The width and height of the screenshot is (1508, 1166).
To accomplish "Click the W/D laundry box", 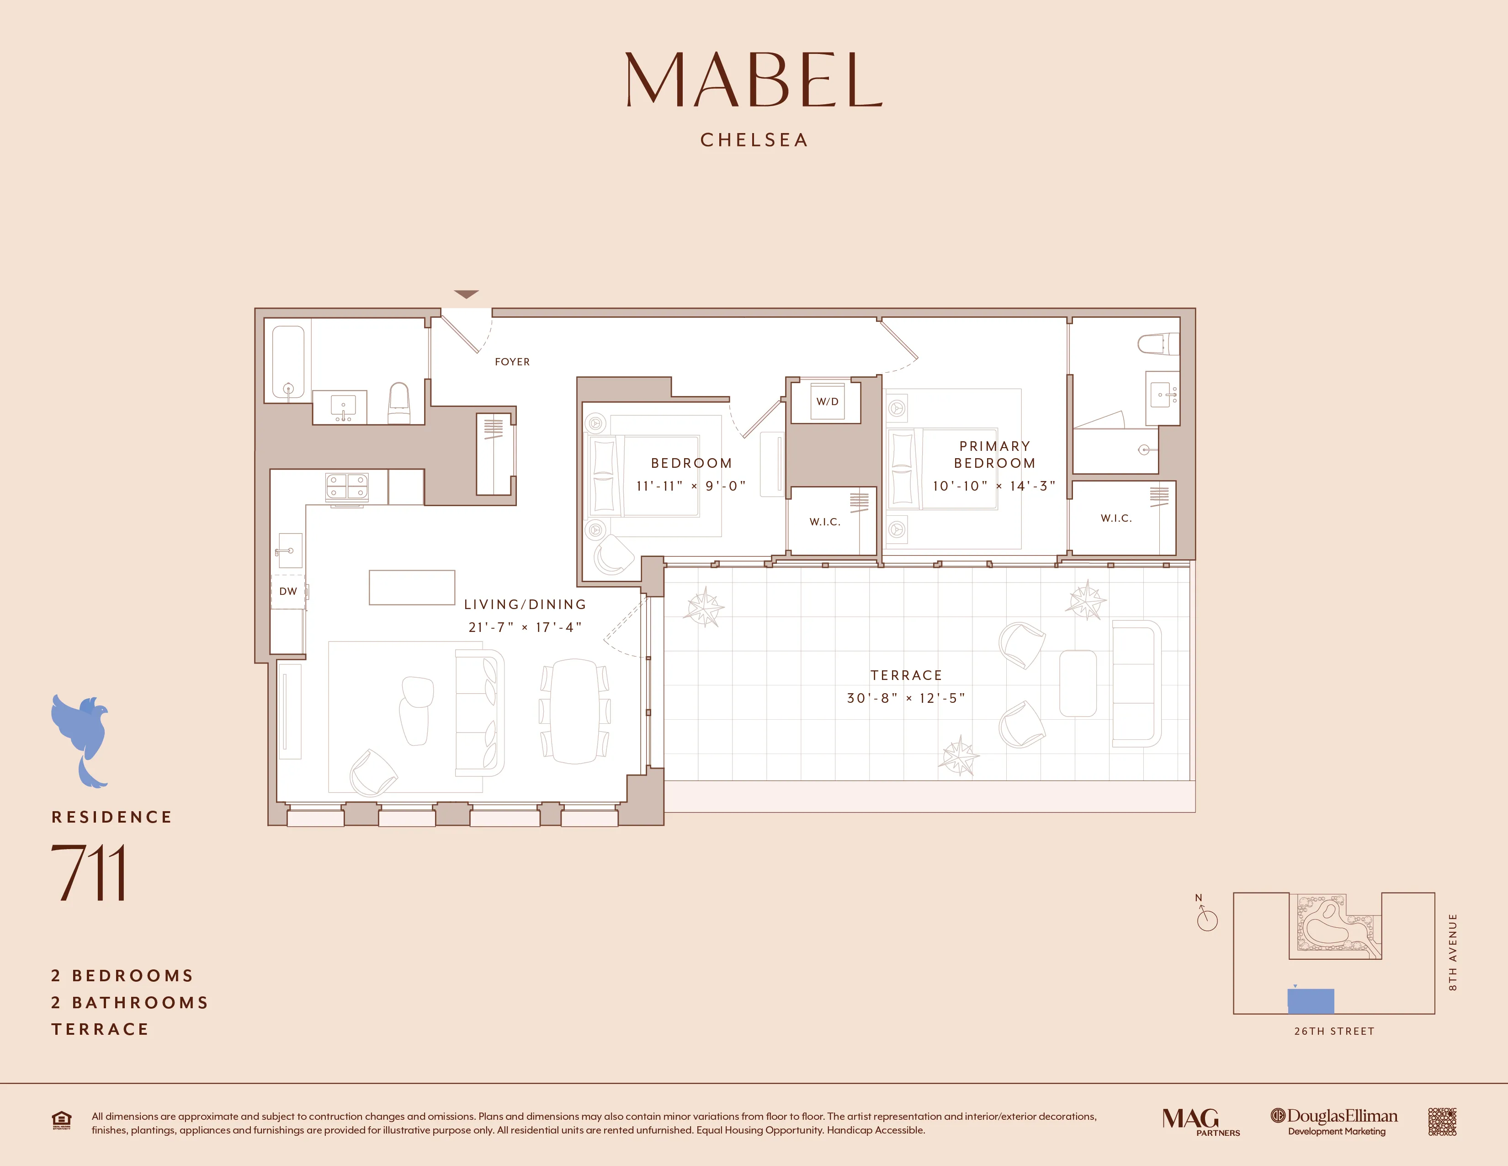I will [827, 402].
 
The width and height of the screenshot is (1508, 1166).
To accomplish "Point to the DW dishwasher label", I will [288, 591].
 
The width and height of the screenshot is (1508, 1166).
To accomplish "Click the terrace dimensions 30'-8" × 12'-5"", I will [906, 698].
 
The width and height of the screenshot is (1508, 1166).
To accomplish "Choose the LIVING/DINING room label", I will [525, 604].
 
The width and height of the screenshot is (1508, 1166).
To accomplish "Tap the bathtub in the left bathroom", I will [288, 363].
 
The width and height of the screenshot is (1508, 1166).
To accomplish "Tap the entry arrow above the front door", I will [466, 295].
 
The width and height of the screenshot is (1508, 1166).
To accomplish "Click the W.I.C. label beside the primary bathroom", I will [1116, 518].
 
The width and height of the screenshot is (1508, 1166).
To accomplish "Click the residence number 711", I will [88, 872].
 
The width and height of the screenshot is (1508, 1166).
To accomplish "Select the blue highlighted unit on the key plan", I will [1311, 1001].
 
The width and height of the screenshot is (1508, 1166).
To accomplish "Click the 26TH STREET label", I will [1334, 1031].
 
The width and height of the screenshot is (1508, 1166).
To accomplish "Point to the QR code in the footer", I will [1442, 1122].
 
